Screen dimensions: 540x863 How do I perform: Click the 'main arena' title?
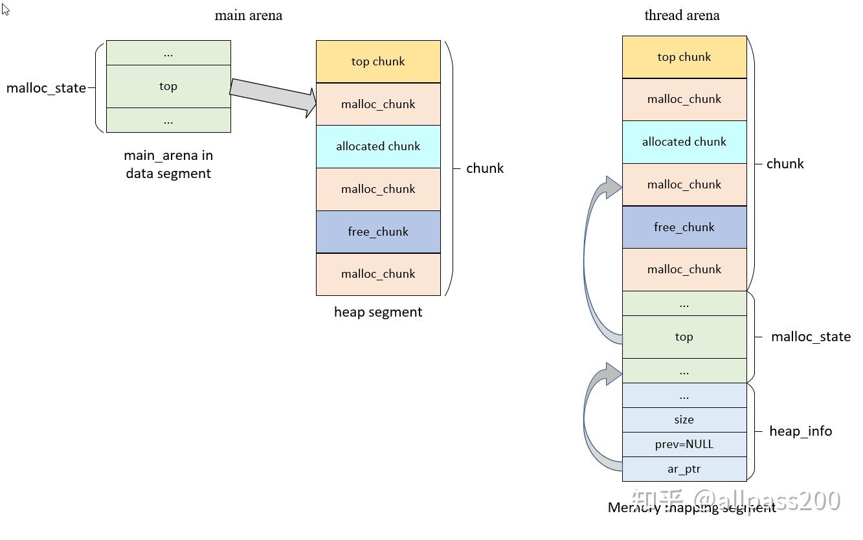pos(248,16)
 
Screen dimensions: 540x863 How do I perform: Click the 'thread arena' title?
pos(682,16)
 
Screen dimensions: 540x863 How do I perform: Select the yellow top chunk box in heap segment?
pos(378,62)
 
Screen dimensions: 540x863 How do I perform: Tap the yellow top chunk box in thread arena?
pos(684,57)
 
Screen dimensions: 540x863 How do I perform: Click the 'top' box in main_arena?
pos(168,86)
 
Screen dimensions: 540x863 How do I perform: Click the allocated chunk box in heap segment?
pos(378,146)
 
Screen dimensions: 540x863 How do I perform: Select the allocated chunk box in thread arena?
pos(684,142)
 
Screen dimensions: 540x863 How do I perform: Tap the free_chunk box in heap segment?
pos(378,232)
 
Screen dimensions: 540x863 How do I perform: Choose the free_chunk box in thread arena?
pos(684,227)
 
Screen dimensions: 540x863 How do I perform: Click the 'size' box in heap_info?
pos(684,420)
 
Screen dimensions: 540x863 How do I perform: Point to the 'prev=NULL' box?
pos(684,444)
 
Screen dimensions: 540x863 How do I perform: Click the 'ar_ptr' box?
pos(684,469)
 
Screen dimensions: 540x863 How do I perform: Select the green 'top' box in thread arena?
pos(684,337)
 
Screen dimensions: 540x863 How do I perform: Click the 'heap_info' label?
pos(800,431)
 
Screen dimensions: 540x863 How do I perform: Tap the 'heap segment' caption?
pos(378,312)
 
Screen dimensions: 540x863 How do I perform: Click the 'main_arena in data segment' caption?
pos(168,164)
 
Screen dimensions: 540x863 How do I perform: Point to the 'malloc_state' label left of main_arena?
pos(46,88)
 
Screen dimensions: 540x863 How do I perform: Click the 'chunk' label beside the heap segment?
pos(484,168)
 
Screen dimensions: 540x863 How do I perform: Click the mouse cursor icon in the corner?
pos(6,9)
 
